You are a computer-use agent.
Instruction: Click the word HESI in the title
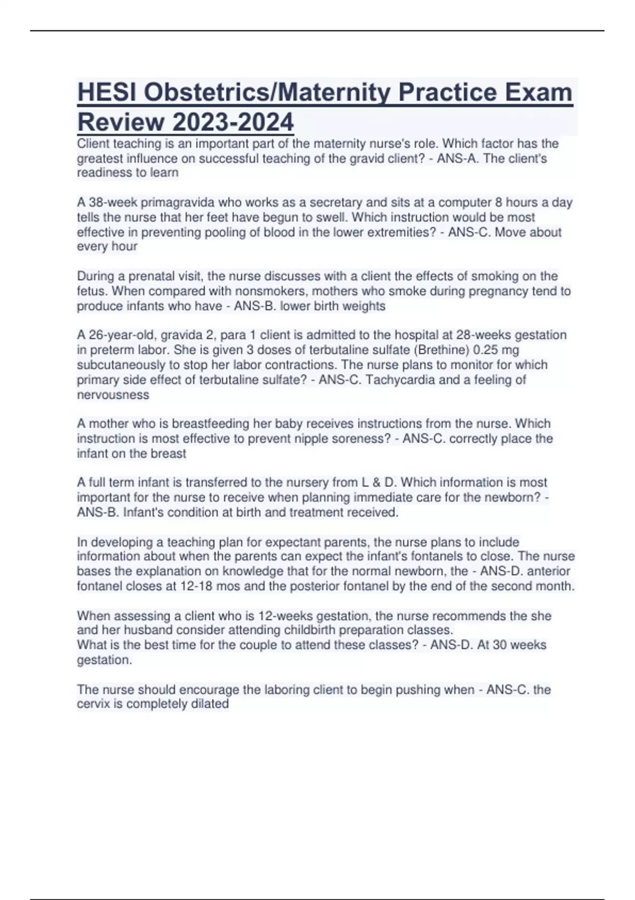106,93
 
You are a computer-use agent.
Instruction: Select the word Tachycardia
401,380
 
